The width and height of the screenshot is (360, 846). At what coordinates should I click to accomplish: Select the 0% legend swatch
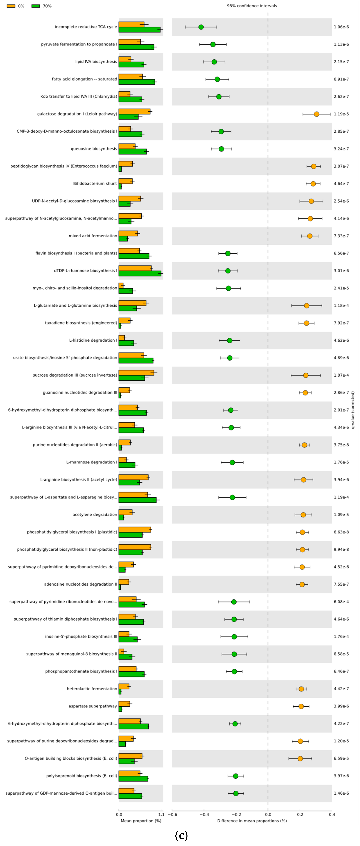tap(11, 6)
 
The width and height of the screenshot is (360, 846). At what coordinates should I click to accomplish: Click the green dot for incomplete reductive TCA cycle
tap(201, 27)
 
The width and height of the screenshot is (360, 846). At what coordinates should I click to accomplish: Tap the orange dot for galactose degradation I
tap(316, 114)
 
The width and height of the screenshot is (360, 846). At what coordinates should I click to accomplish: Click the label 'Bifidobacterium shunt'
tap(95, 184)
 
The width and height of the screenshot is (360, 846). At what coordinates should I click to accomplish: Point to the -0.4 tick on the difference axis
tap(204, 814)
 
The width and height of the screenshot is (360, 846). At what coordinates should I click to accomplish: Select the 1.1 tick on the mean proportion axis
tap(161, 814)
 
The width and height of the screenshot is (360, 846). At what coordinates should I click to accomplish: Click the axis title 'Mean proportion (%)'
tap(141, 821)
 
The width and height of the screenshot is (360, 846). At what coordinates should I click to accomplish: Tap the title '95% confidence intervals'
tap(252, 6)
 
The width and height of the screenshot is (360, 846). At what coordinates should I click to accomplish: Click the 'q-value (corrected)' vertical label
tap(353, 410)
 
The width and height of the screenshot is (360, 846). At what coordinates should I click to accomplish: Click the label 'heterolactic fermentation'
tap(92, 689)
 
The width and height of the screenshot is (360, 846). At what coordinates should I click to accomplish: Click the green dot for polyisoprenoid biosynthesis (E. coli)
tap(236, 776)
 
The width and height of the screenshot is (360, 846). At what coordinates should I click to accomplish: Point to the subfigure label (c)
tap(181, 835)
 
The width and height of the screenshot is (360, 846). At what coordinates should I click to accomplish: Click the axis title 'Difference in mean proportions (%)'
tap(252, 821)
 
